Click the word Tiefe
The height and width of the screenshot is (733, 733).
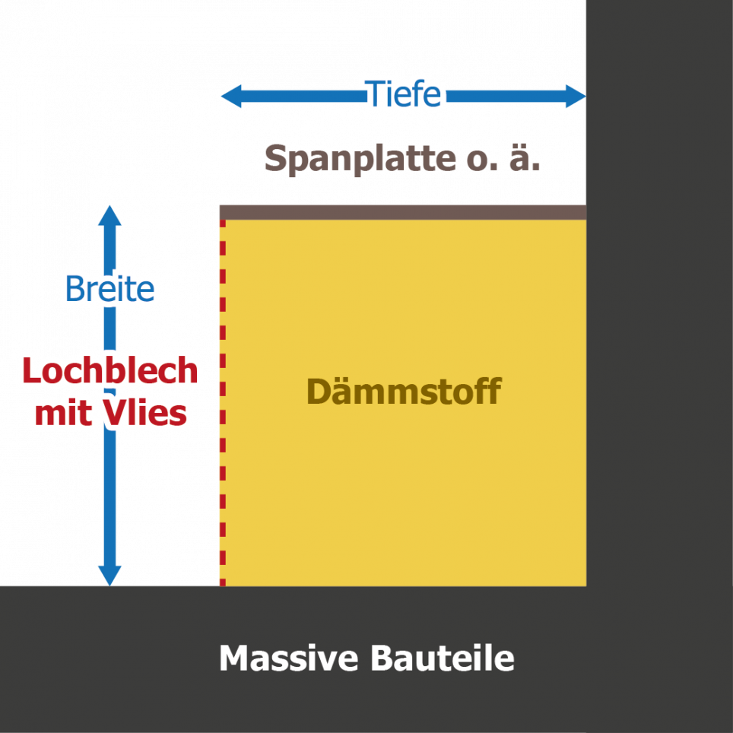pos(404,94)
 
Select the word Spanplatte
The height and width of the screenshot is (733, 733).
pos(359,159)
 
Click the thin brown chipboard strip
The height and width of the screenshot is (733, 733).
pos(402,211)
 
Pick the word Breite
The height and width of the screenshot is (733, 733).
pos(109,289)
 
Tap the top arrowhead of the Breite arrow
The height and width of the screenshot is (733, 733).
pos(110,215)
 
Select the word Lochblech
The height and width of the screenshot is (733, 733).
pos(110,371)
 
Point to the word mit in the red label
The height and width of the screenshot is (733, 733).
pos(64,414)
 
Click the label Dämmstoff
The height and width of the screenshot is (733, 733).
pos(404,392)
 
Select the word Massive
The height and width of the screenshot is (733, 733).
pos(287,658)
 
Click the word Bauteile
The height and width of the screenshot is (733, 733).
pos(443,658)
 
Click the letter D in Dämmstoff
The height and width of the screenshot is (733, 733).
pos(317,392)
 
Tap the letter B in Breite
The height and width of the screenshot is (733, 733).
pos(74,289)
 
